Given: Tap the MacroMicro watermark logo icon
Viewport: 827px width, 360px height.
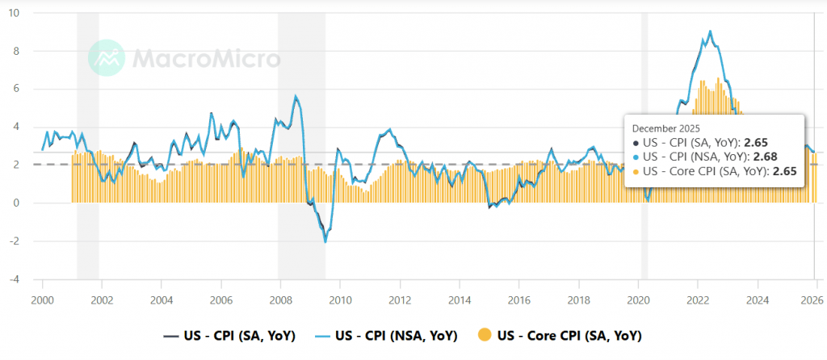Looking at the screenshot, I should [x=106, y=57].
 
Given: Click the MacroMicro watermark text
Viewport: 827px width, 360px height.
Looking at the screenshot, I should [x=206, y=58].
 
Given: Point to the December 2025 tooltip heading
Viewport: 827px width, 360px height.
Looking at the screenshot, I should [x=666, y=128].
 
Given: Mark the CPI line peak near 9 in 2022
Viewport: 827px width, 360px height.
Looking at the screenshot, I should [x=710, y=31].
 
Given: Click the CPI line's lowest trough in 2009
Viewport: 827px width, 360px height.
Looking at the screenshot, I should [x=325, y=241].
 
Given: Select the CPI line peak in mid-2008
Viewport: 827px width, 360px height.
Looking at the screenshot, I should [x=296, y=96].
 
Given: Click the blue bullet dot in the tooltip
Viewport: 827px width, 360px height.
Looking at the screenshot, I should [x=636, y=157].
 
